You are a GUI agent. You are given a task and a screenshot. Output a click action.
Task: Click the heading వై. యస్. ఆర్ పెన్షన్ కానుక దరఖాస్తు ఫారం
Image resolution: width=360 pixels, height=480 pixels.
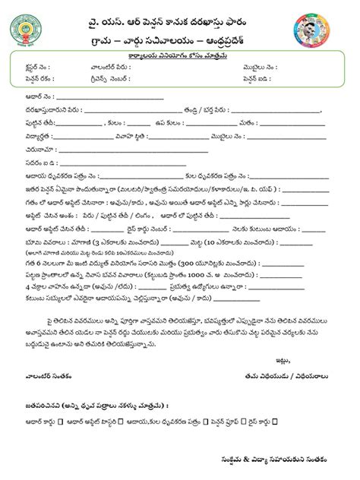[180, 16]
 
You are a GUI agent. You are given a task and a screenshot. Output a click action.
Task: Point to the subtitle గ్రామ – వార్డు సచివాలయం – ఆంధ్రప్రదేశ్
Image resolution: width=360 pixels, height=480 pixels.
[180, 36]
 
